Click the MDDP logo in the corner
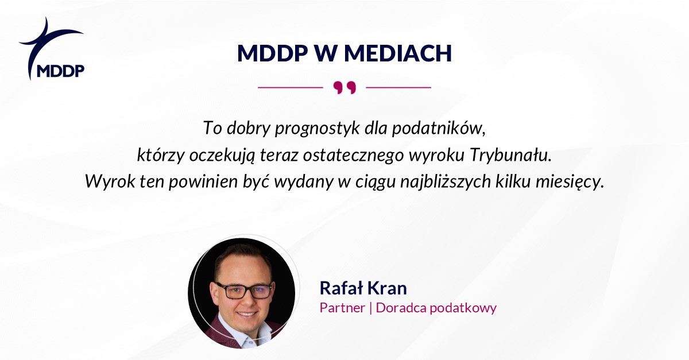point(52,49)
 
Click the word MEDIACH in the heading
point(398,53)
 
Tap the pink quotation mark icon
point(344,88)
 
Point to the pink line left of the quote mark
point(291,87)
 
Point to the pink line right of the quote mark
point(398,87)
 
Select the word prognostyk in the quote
point(317,128)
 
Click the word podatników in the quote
point(439,128)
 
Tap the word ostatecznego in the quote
point(353,156)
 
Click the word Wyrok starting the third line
point(110,181)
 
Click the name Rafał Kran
point(363,288)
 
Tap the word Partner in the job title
point(342,308)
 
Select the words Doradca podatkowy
point(436,308)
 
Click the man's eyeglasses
point(244,291)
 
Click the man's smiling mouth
point(247,315)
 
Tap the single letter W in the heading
point(326,53)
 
